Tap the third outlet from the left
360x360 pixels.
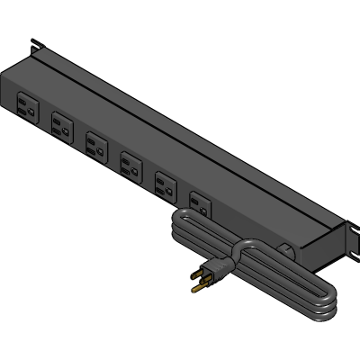pyautogui.click(x=95, y=145)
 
